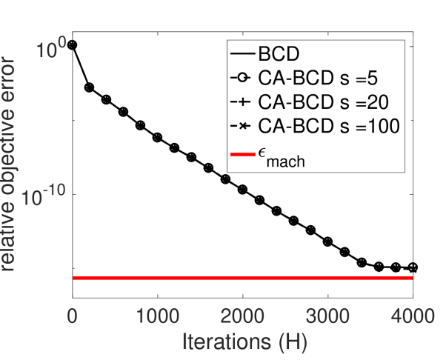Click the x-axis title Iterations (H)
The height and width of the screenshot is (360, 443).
click(x=242, y=341)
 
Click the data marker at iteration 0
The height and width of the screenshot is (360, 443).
click(x=73, y=44)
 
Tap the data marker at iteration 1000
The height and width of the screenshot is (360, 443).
click(x=157, y=137)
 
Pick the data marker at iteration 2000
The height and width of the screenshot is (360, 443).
click(x=242, y=190)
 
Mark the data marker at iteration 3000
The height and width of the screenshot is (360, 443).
click(x=327, y=241)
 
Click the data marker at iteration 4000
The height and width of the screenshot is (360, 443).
click(x=413, y=267)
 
